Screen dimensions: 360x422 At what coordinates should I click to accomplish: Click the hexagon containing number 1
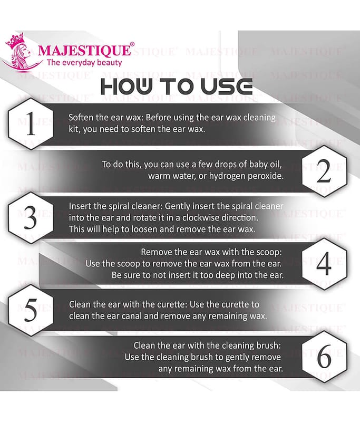pyautogui.click(x=31, y=124)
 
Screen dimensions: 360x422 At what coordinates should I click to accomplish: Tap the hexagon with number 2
pyautogui.click(x=324, y=171)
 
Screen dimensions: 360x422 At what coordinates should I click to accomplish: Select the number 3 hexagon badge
pyautogui.click(x=31, y=218)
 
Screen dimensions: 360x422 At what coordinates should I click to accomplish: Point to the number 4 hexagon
pyautogui.click(x=324, y=264)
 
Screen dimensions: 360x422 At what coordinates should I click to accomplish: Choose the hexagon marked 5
pyautogui.click(x=31, y=310)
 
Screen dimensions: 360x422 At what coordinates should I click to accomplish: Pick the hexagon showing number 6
pyautogui.click(x=324, y=357)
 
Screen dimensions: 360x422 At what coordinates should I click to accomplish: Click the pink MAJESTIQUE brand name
pyautogui.click(x=84, y=50)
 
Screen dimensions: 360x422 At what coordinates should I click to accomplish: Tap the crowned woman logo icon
pyautogui.click(x=18, y=52)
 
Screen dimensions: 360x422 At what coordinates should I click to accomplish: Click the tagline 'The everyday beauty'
pyautogui.click(x=84, y=63)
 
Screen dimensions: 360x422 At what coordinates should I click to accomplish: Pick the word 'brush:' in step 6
pyautogui.click(x=268, y=346)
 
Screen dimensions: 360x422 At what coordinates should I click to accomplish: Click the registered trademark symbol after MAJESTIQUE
pyautogui.click(x=132, y=44)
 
